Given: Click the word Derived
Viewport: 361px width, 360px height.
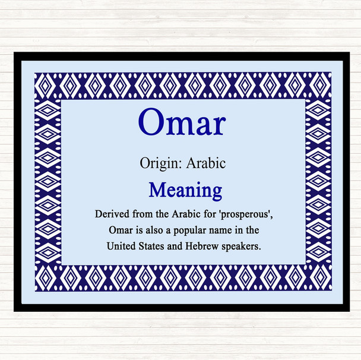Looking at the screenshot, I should tap(110, 213).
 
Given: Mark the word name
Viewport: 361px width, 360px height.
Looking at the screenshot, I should tap(222, 229).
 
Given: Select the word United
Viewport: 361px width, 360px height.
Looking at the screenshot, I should tap(121, 245).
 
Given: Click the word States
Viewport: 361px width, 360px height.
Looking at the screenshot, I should tap(151, 245).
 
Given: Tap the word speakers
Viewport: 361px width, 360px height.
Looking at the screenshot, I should tap(240, 245).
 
